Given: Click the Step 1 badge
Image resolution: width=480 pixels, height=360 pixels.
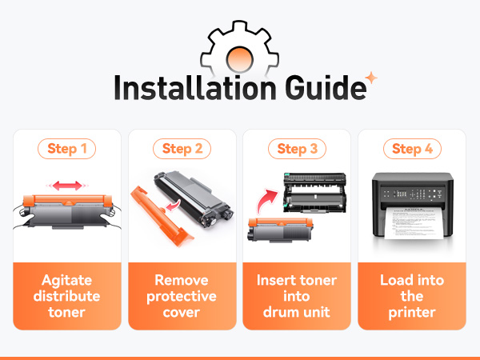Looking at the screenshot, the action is (x=66, y=149).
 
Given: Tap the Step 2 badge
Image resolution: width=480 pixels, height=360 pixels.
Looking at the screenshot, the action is (x=182, y=149).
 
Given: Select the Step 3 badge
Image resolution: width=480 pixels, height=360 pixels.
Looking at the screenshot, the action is (x=297, y=149).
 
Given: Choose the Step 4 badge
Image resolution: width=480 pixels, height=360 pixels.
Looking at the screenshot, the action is (x=412, y=149).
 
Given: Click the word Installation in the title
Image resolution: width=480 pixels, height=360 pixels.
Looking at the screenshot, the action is (x=195, y=88).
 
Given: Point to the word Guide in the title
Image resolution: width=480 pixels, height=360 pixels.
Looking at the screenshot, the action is (x=326, y=88).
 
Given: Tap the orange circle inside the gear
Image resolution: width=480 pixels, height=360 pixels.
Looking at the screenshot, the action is (x=240, y=58).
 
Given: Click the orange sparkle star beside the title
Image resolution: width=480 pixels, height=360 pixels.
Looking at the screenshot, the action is (x=371, y=78).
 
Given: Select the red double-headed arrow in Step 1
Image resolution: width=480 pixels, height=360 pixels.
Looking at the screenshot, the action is (x=67, y=186).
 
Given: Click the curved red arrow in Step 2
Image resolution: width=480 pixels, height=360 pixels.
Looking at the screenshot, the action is (x=174, y=206).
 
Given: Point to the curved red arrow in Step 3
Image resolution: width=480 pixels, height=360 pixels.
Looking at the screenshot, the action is (x=266, y=200).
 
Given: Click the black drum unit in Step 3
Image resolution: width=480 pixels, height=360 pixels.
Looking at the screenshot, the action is (x=315, y=193).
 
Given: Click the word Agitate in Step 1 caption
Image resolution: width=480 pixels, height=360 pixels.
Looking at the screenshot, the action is (x=66, y=281).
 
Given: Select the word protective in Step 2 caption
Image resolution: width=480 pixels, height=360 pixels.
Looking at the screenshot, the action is (x=182, y=296).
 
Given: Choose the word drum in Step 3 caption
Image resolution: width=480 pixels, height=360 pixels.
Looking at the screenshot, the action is (x=279, y=312).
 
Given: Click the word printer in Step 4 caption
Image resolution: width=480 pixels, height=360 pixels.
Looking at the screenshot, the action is (x=412, y=313).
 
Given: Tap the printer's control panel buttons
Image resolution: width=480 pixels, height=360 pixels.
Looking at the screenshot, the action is (x=412, y=194).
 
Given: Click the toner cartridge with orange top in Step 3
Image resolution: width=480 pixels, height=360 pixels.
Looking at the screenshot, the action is (x=280, y=230).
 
